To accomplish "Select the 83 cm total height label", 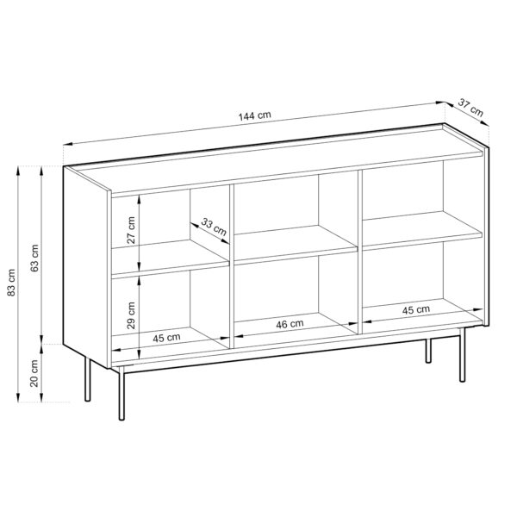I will click(x=12, y=283).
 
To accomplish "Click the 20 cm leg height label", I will click(x=35, y=371).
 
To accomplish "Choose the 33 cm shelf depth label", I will click(x=214, y=227).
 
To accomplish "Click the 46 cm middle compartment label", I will click(x=291, y=324).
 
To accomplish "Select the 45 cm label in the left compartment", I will click(x=167, y=338).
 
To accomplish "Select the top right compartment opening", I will click(x=420, y=194).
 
